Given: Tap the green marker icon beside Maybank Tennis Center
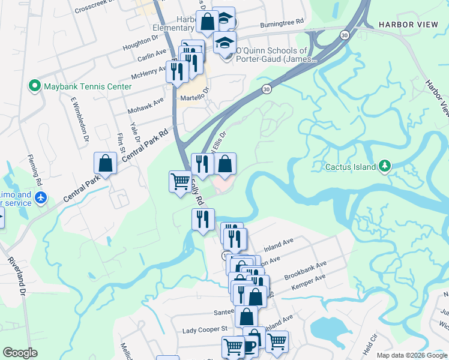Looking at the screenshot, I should point(35,87).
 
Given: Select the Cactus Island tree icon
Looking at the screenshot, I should point(384,166).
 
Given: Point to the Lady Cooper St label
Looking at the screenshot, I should point(205,329).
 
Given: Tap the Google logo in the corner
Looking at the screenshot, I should point(20,353).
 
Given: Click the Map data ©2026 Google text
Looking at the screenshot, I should point(411,355).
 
